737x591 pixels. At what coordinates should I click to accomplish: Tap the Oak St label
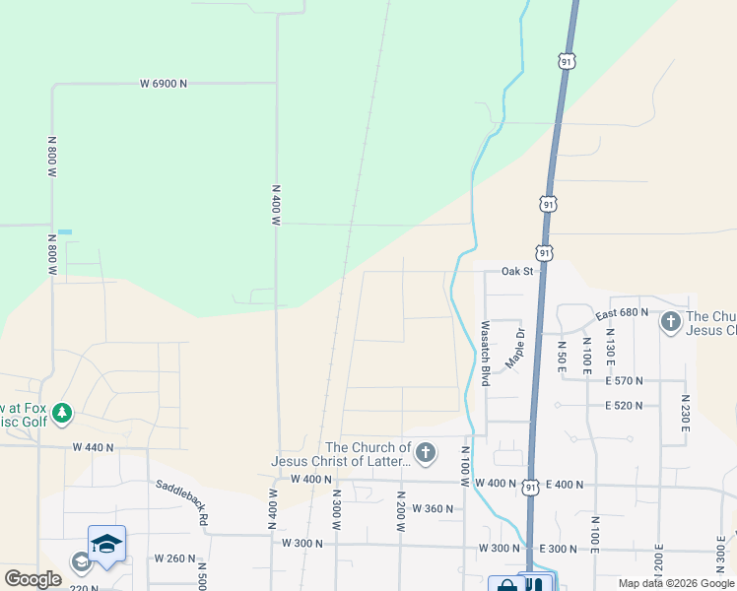516,271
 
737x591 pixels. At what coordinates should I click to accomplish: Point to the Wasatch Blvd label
485,352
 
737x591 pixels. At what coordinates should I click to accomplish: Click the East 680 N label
622,312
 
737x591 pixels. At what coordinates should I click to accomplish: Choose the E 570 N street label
624,380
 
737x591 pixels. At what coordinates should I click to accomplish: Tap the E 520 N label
624,405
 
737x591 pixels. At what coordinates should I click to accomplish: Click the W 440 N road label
94,447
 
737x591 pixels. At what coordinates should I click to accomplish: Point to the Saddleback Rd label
181,501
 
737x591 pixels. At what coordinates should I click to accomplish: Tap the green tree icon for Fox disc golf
62,413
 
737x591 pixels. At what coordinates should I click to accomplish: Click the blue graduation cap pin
106,543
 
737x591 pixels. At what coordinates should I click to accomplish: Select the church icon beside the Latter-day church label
425,453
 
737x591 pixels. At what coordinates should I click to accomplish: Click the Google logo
33,580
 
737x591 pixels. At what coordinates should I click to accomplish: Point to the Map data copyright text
676,584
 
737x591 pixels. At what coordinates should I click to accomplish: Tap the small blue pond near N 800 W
65,231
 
